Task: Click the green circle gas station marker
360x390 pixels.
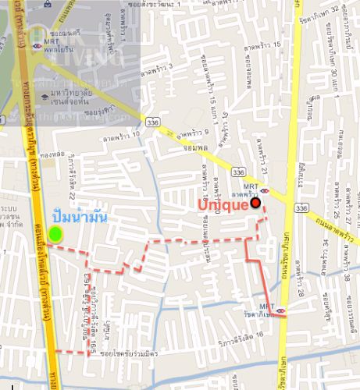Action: coord(55,233)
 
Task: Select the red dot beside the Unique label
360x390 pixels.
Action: coord(256,204)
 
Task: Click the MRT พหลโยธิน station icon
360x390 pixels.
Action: coord(36,46)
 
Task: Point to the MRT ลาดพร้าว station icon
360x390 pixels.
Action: coord(264,190)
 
